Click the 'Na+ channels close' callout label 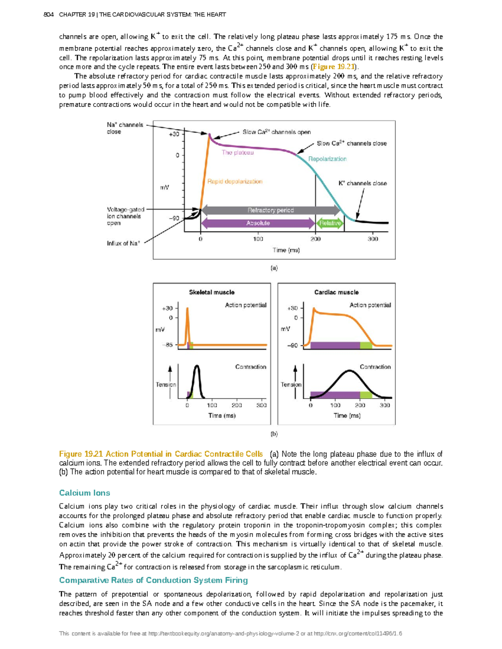pos(125,128)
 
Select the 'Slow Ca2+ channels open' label pos(277,132)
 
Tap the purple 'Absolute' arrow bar pos(258,223)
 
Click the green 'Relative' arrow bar pos(330,223)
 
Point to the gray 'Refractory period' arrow pos(270,210)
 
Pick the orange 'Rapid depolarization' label pos(235,181)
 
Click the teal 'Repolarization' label pos(327,159)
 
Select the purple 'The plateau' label pos(238,153)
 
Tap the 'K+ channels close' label pos(362,183)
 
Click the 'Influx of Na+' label pos(123,243)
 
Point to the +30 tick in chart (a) pos(174,134)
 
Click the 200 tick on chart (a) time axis pos(315,239)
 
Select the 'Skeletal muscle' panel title pos(212,292)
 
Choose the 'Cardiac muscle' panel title pos(336,292)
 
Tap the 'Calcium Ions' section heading pos(85,493)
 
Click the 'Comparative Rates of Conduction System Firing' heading pos(153,580)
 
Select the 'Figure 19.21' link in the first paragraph pos(334,67)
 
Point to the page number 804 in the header pos(49,15)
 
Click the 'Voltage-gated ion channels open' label pos(125,216)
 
